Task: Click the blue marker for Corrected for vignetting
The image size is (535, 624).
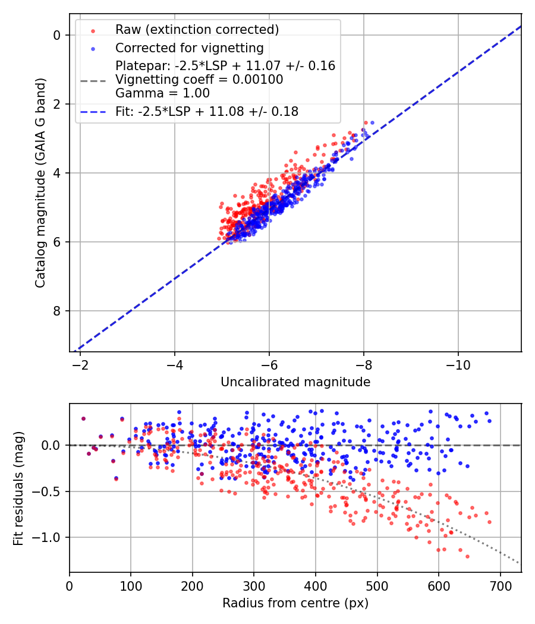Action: coord(93,48)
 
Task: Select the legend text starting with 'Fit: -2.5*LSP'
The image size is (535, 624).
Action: coord(207,111)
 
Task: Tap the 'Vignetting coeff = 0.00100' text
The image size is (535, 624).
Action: coord(199,80)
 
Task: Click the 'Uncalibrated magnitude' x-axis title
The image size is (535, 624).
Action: coord(295,382)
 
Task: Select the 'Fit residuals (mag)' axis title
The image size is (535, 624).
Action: coord(18,488)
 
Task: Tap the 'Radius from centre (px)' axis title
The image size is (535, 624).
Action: coord(295,603)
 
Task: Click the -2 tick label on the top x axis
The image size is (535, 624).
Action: coord(80,363)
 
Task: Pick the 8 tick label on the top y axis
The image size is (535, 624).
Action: coord(56,311)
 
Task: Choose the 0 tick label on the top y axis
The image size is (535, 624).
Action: coord(56,35)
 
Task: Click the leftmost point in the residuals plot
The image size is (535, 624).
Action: coord(83,418)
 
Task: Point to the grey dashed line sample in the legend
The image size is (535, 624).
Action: coord(93,80)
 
